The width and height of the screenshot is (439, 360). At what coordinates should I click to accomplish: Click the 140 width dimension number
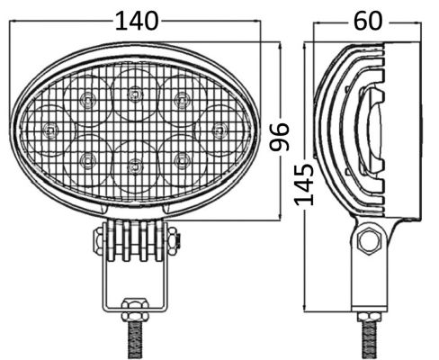click(x=137, y=21)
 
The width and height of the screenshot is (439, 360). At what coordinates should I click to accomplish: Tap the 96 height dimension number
click(x=279, y=137)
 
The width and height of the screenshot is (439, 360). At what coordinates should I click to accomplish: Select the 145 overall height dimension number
click(x=304, y=184)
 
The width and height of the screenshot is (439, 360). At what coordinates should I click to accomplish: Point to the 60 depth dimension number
click(x=368, y=21)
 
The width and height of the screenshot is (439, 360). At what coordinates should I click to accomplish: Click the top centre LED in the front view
click(x=135, y=94)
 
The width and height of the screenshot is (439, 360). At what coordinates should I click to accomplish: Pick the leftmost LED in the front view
click(x=49, y=130)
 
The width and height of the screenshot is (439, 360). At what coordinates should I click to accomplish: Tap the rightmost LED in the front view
click(x=219, y=130)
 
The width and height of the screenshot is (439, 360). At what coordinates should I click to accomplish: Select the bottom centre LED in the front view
click(x=135, y=165)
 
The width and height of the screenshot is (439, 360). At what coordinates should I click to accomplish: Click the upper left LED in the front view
click(x=87, y=98)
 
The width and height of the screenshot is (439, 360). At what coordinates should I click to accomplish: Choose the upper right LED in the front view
click(x=181, y=98)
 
